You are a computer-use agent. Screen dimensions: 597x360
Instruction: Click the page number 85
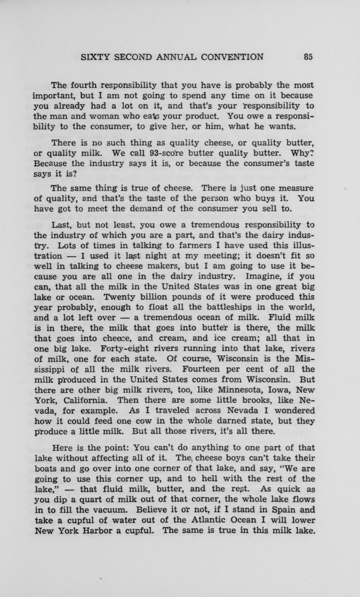click(308, 57)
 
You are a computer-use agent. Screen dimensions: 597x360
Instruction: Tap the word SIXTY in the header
click(94, 57)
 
